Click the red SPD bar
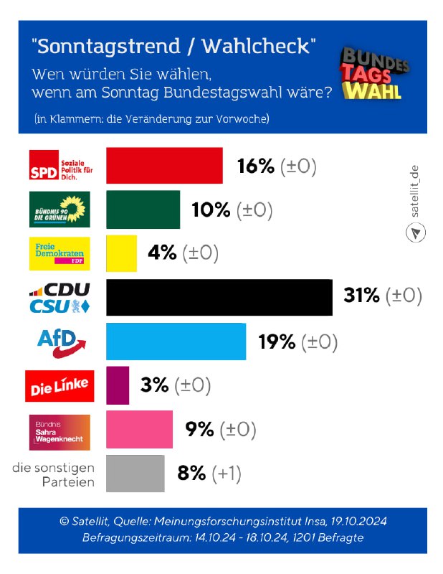click(x=164, y=166)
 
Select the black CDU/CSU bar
click(x=219, y=297)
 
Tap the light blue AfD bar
click(x=176, y=341)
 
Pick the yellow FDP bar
click(x=121, y=253)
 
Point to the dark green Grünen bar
click(x=143, y=210)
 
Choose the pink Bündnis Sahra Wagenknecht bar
click(x=139, y=429)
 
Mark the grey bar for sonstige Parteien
click(x=135, y=473)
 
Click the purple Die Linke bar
click(x=118, y=385)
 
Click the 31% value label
click(x=361, y=295)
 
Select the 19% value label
click(x=277, y=342)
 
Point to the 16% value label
click(x=255, y=166)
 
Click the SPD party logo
click(x=61, y=166)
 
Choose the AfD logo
click(x=61, y=342)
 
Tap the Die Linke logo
click(x=59, y=386)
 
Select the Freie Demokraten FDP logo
click(x=59, y=253)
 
